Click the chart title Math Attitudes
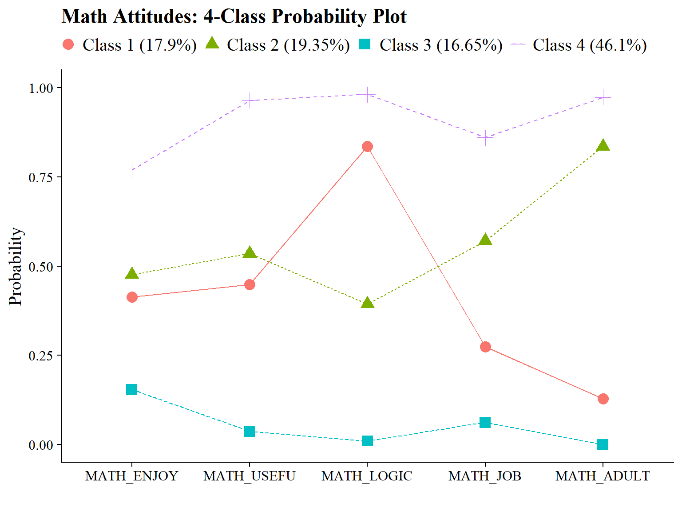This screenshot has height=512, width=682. click(x=234, y=17)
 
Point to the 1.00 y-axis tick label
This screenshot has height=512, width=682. click(x=41, y=88)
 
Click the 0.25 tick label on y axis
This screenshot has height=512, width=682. click(x=41, y=356)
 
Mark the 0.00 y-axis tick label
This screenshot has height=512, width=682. click(x=41, y=445)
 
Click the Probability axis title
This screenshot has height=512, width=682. click(x=16, y=266)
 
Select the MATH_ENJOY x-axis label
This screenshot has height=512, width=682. click(x=131, y=476)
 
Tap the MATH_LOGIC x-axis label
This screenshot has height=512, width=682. click(x=367, y=476)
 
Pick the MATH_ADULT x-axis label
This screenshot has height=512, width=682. click(x=603, y=476)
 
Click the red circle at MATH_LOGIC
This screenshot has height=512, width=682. click(x=367, y=147)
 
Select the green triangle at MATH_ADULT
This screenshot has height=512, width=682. click(x=603, y=146)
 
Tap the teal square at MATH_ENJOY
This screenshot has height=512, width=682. click(x=131, y=390)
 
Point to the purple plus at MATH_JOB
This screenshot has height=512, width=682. click(x=485, y=137)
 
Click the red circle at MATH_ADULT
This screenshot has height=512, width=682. click(x=603, y=399)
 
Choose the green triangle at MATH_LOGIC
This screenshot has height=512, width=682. click(x=367, y=304)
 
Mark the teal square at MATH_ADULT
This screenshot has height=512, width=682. click(x=603, y=444)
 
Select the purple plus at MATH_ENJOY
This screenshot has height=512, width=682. click(x=131, y=170)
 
